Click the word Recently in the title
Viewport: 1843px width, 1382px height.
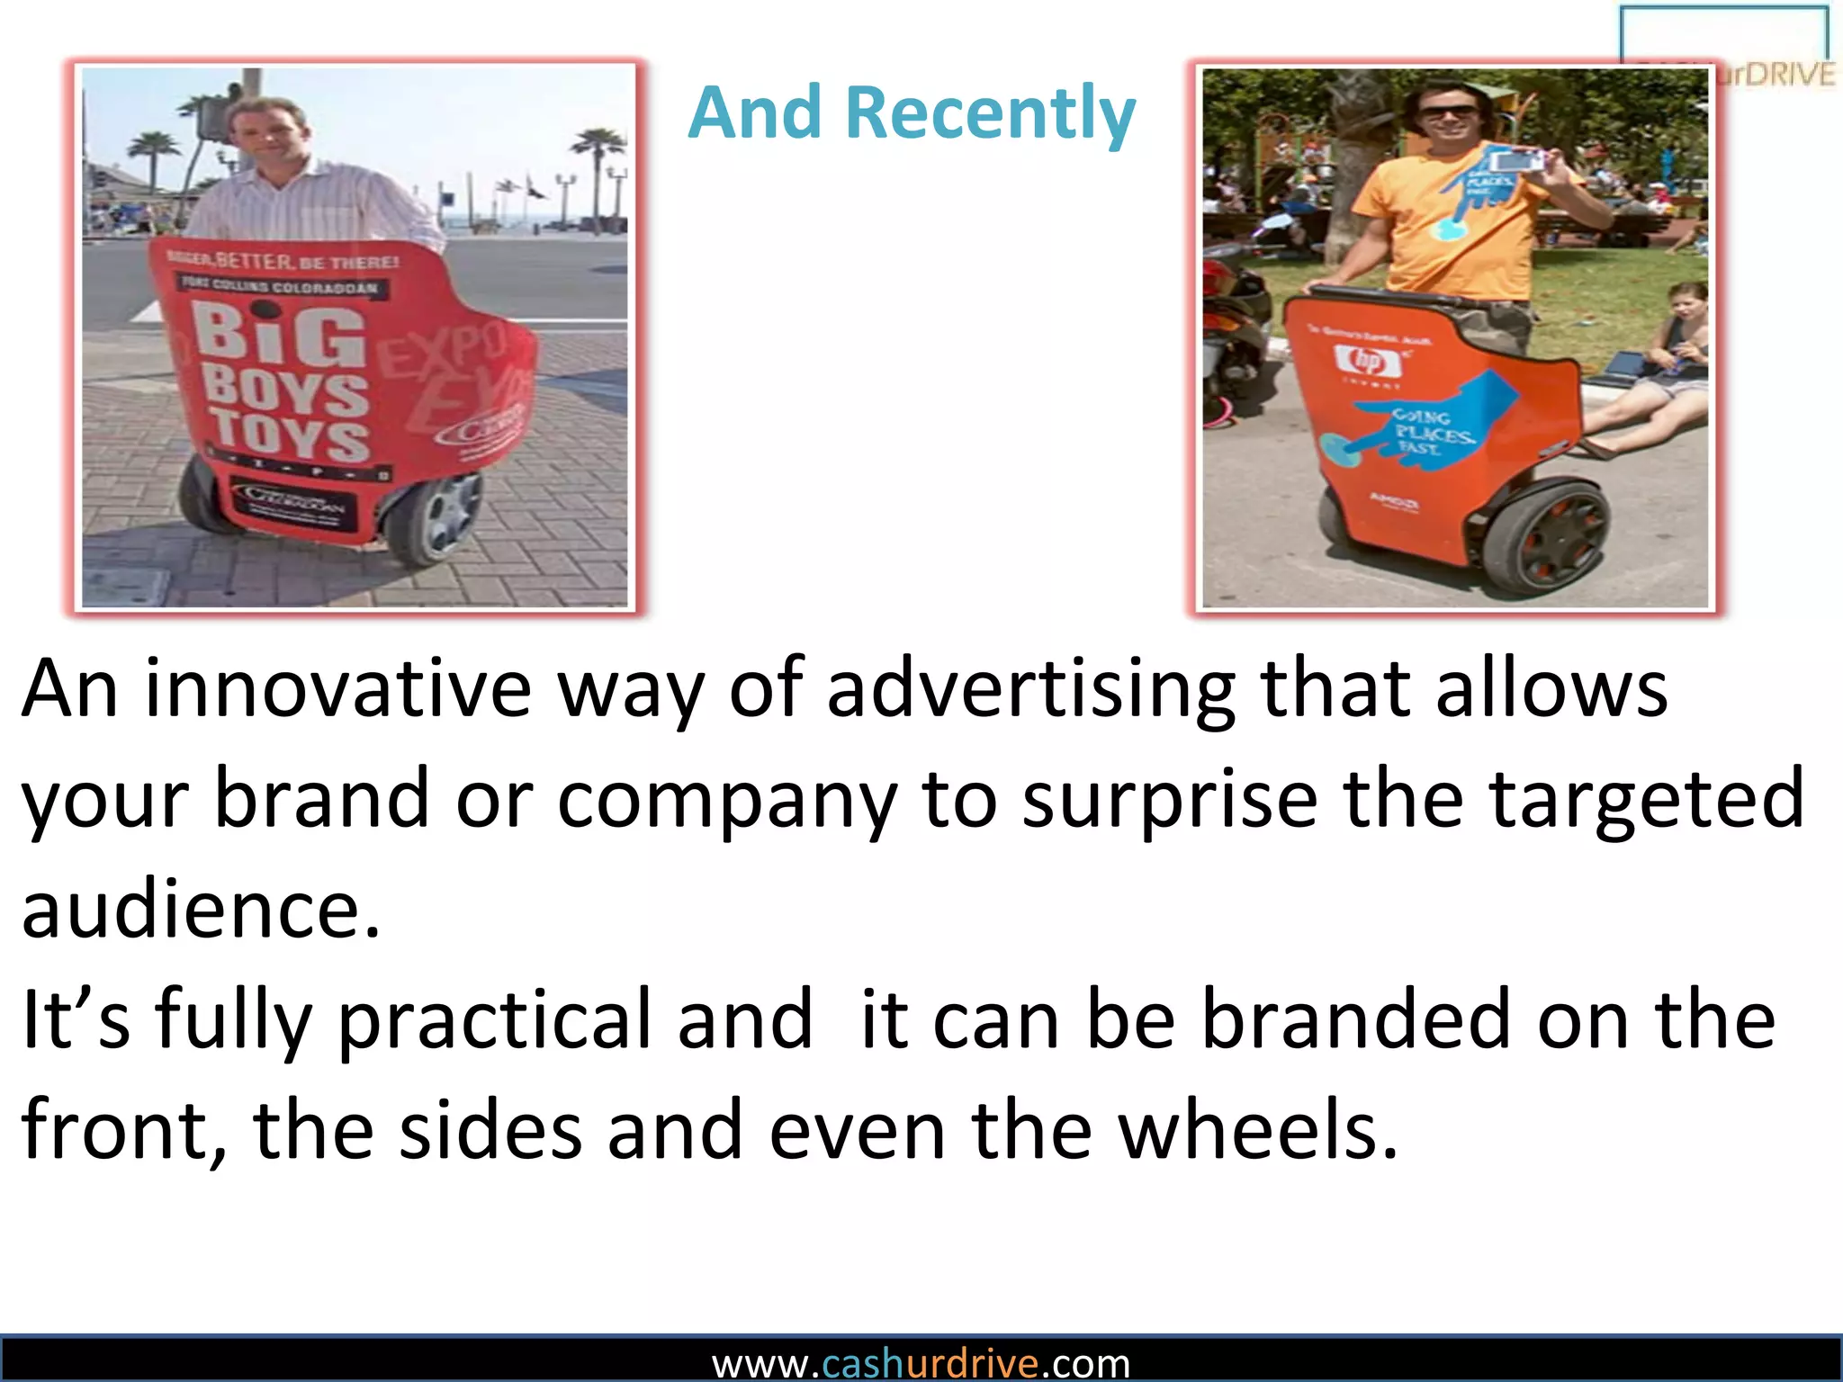[x=990, y=113]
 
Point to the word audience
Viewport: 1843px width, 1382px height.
[x=200, y=910]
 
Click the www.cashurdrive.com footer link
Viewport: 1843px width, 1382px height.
[x=921, y=1364]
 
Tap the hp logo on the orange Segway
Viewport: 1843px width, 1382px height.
[x=1368, y=362]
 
